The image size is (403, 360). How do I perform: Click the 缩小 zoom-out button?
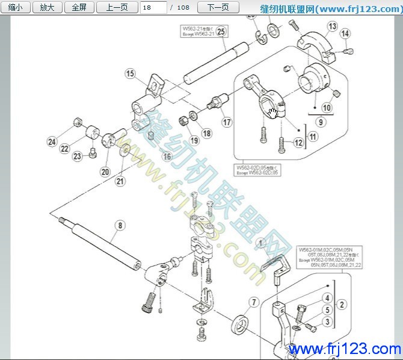pyautogui.click(x=16, y=8)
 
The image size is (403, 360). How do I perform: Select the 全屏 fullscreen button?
pyautogui.click(x=79, y=8)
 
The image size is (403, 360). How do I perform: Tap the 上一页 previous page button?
pyautogui.click(x=117, y=8)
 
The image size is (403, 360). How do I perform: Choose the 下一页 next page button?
pyautogui.click(x=218, y=8)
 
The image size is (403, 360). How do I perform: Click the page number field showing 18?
pyautogui.click(x=153, y=8)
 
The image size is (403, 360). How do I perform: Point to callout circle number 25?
pyautogui.click(x=221, y=32)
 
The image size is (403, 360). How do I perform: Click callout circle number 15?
pyautogui.click(x=130, y=74)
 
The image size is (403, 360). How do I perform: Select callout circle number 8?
pyautogui.click(x=120, y=226)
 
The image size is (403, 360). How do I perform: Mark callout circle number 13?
pyautogui.click(x=333, y=26)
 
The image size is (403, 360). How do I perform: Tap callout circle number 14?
pyautogui.click(x=345, y=34)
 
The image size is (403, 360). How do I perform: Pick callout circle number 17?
pyautogui.click(x=227, y=122)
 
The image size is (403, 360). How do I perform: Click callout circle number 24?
pyautogui.click(x=52, y=142)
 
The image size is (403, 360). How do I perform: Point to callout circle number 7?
pyautogui.click(x=254, y=302)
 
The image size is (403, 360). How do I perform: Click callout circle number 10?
pyautogui.click(x=327, y=108)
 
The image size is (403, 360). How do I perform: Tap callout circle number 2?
pyautogui.click(x=341, y=304)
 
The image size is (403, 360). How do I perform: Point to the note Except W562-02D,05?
pyautogui.click(x=257, y=169)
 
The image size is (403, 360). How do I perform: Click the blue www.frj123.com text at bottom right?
pyautogui.click(x=345, y=349)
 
